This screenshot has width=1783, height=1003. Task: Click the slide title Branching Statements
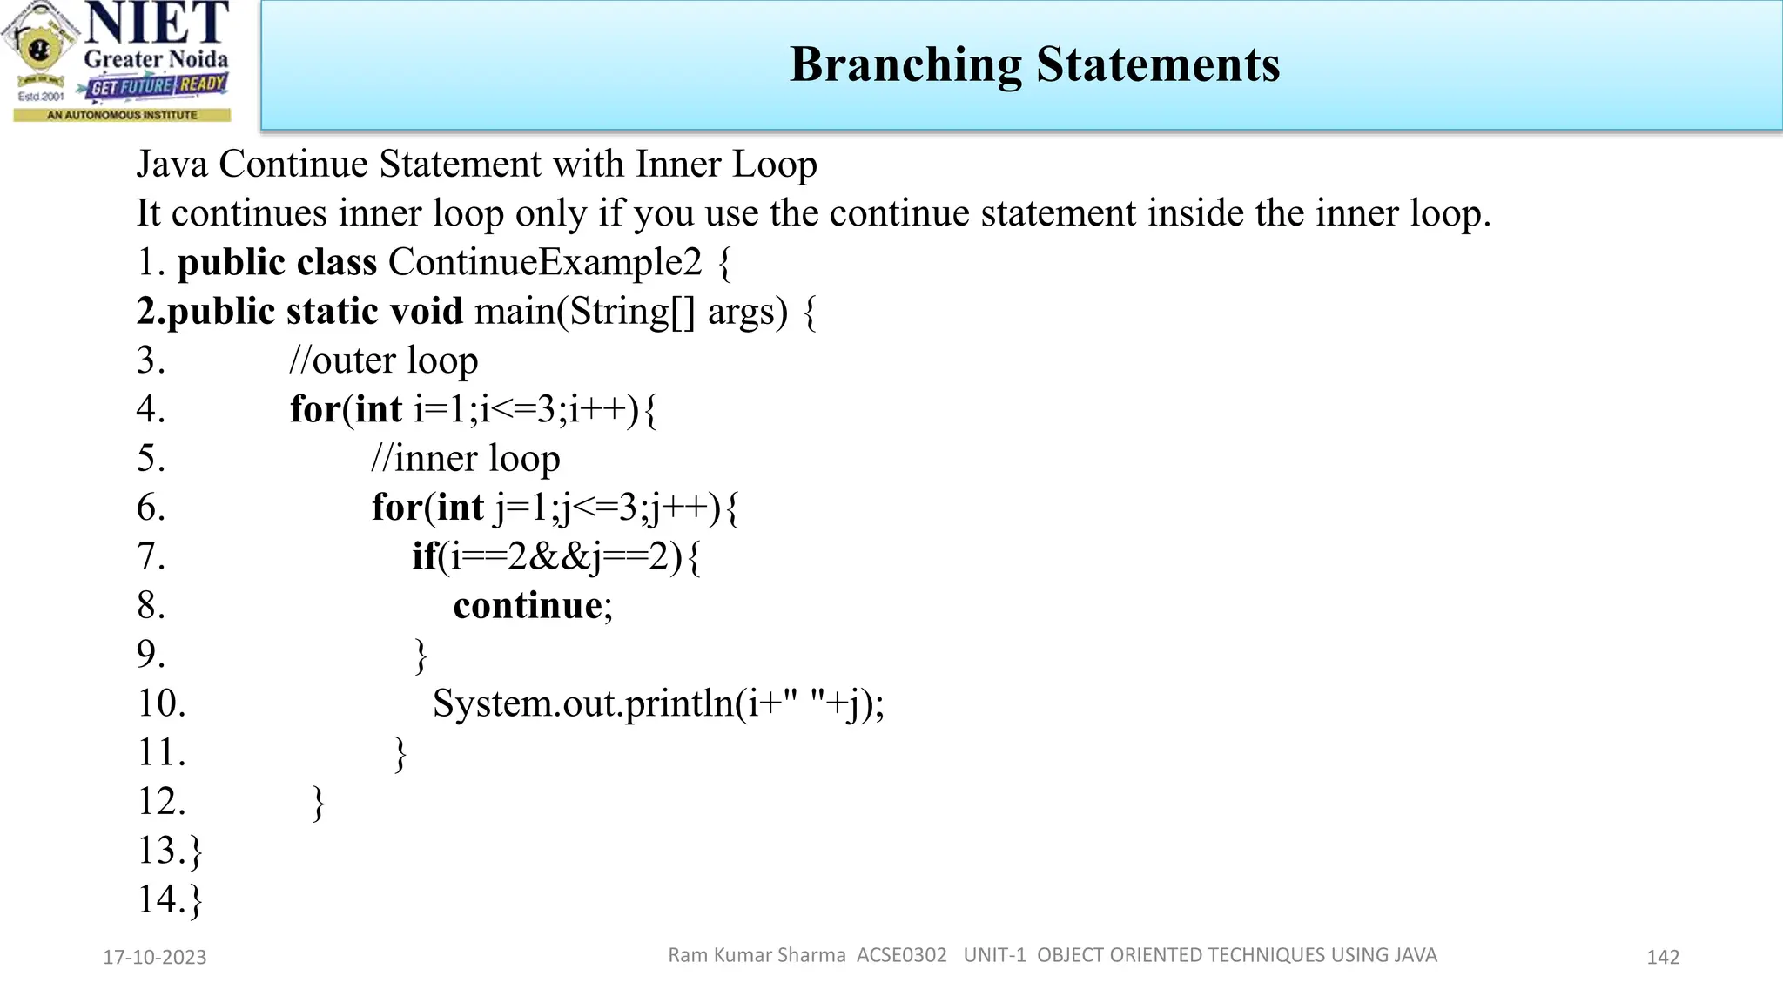coord(1034,64)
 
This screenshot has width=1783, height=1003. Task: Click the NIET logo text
coord(158,24)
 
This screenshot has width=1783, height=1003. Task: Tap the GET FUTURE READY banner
coord(158,86)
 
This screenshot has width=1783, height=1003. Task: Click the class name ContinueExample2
coord(544,262)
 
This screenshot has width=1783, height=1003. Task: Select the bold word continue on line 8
coord(528,605)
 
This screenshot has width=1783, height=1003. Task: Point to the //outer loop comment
coord(383,360)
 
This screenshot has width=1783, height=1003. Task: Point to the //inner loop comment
coord(465,459)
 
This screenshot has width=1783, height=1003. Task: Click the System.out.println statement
coord(657,703)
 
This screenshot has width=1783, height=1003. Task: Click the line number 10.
coord(162,703)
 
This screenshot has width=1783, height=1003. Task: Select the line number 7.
coord(151,556)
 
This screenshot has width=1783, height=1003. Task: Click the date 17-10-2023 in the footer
coord(155,957)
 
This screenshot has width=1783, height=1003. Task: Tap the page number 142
coord(1662,957)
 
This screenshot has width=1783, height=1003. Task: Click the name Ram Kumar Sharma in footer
coord(756,955)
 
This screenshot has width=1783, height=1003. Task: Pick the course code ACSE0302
coord(901,955)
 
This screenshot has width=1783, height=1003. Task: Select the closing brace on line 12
coord(319,803)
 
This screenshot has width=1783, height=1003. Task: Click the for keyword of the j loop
coord(396,508)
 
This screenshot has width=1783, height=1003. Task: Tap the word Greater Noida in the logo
coord(156,59)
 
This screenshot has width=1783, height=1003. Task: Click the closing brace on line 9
coord(421,656)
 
